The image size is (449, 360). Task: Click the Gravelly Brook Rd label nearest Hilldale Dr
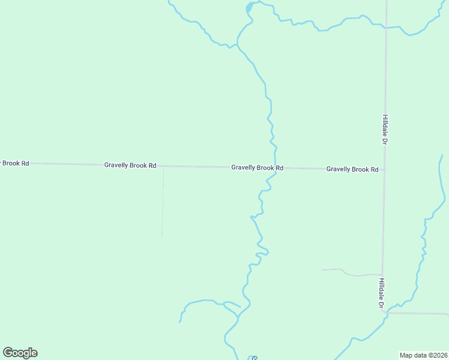click(x=352, y=169)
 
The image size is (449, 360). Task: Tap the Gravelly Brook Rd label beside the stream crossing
click(x=257, y=168)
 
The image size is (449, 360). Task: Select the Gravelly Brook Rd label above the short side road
click(x=130, y=165)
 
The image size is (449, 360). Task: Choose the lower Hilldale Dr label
click(x=382, y=293)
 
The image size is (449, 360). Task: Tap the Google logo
click(x=20, y=353)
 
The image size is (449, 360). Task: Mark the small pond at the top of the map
click(x=250, y=7)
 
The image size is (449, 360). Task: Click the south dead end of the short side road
click(x=162, y=237)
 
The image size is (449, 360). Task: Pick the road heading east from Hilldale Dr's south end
click(x=420, y=313)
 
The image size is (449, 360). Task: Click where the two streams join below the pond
click(x=238, y=44)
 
